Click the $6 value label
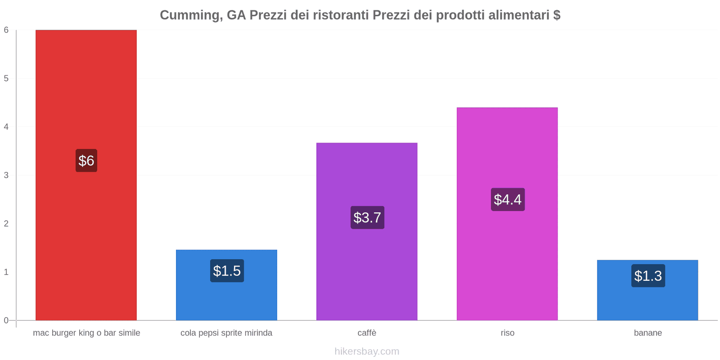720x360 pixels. point(86,161)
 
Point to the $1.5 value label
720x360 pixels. point(227,271)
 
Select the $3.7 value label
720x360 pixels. point(367,218)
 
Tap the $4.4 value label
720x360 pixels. point(508,199)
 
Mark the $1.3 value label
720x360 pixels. point(648,276)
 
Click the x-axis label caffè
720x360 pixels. point(367,333)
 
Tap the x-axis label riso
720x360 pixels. point(507,333)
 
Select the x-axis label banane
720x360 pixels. point(648,333)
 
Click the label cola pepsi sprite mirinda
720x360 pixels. point(226,333)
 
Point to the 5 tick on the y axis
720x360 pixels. point(6,78)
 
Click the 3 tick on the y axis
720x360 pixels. point(6,175)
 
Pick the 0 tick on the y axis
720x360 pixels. point(6,320)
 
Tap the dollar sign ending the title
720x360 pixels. point(557,15)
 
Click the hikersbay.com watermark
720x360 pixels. point(367,351)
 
